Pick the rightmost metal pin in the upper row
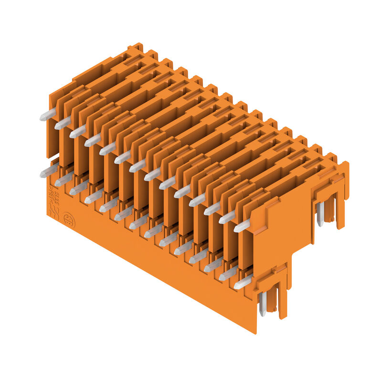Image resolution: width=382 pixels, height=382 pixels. pos(242,226)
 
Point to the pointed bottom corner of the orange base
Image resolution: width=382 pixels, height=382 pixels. pos(255,332)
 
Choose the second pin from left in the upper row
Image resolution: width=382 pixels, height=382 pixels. pos(63,123)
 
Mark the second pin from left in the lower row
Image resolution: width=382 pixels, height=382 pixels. pos(63,180)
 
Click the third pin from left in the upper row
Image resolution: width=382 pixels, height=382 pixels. pos(77,132)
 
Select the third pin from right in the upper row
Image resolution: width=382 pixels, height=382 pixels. pos(212,208)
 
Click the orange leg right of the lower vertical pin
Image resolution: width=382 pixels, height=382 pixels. pos(282,301)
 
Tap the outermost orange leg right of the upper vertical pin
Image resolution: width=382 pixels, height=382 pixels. pos(340,210)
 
